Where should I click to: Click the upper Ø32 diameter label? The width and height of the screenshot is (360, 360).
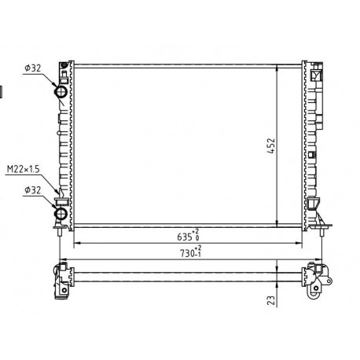click(33, 68)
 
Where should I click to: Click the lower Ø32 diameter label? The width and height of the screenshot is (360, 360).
click(33, 190)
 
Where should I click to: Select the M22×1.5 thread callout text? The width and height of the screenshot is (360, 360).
click(23, 169)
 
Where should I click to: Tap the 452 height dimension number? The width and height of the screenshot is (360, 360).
click(272, 146)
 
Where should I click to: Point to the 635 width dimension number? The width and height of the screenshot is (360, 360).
click(185, 237)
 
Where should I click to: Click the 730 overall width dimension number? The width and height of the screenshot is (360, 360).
click(187, 253)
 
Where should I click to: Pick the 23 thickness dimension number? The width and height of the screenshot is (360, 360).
click(272, 300)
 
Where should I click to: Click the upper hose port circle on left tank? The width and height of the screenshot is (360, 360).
click(61, 91)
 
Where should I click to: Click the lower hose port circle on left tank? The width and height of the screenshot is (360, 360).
click(61, 214)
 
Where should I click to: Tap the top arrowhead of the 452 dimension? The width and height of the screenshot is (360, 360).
click(277, 68)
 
